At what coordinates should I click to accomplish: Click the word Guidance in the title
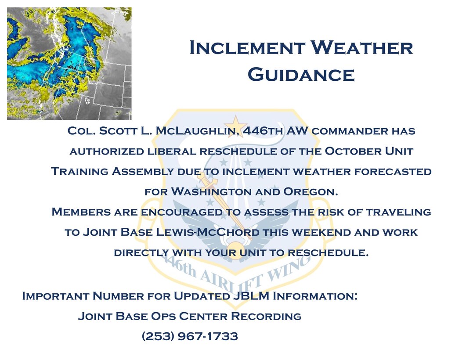tap(301, 75)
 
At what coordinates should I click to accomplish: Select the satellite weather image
tap(69, 63)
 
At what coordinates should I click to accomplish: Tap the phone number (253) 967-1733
tap(190, 336)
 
